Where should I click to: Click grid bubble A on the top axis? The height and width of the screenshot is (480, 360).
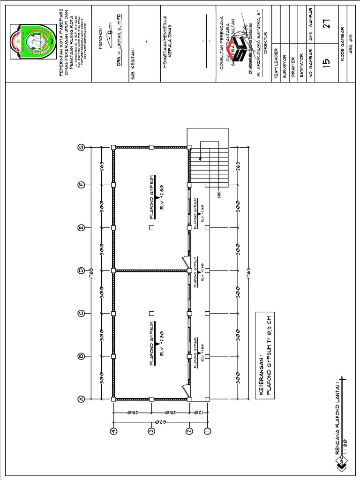pyautogui.click(x=81, y=399)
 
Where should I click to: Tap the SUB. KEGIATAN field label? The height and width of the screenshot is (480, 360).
pyautogui.click(x=134, y=63)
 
